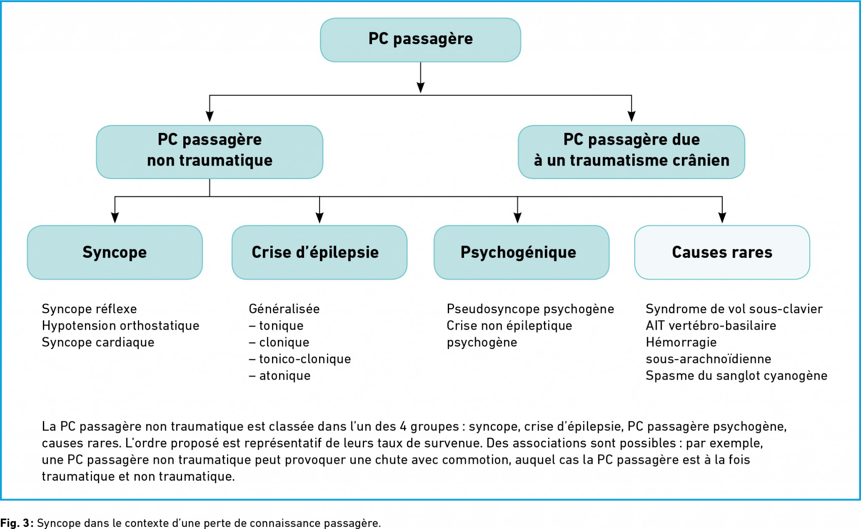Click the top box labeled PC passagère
[420, 40]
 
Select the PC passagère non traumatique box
[209, 151]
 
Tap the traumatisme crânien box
[631, 151]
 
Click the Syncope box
[115, 252]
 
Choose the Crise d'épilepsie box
[319, 252]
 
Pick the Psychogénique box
[521, 252]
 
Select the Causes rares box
[722, 252]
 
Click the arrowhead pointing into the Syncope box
[115, 218]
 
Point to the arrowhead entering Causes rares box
[722, 218]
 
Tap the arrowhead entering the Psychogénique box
[518, 218]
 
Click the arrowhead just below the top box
[420, 87]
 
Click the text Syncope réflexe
[89, 309]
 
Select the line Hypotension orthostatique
[120, 326]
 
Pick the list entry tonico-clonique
[305, 359]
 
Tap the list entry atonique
[285, 376]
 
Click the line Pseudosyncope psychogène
[530, 309]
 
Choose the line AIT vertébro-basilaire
[710, 326]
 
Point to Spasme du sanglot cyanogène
[736, 376]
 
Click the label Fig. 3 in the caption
[16, 523]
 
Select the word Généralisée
[284, 309]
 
